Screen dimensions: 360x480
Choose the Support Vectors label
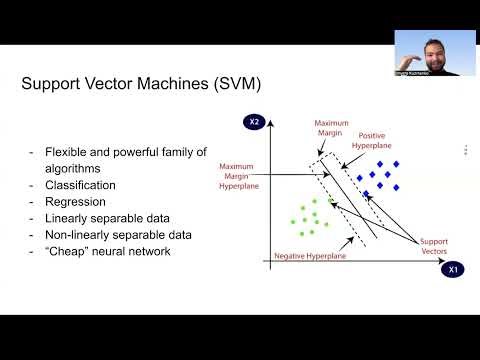(x=434, y=245)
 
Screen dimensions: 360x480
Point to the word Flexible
(x=66, y=152)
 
